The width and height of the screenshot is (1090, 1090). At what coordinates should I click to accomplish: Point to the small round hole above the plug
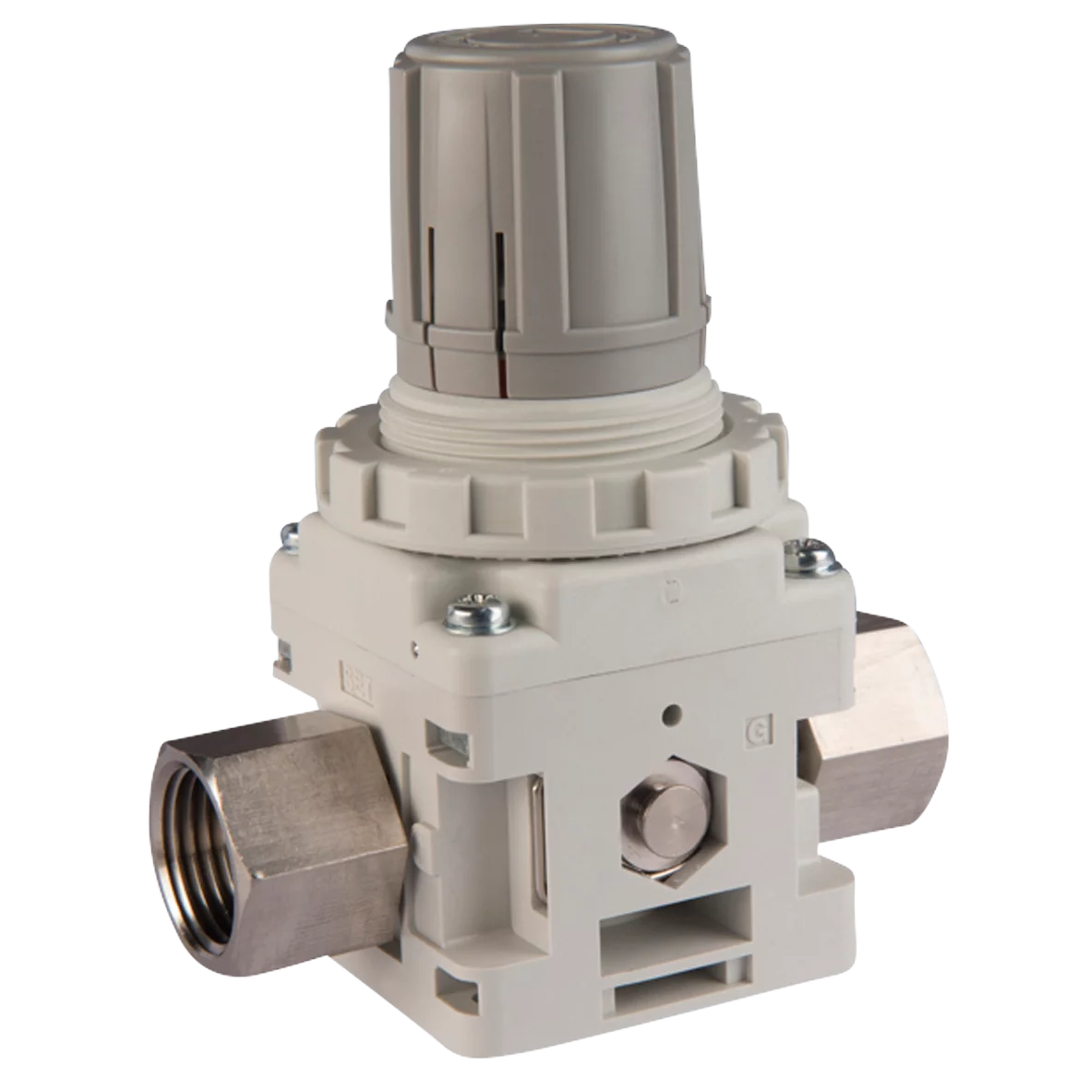tap(677, 713)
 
